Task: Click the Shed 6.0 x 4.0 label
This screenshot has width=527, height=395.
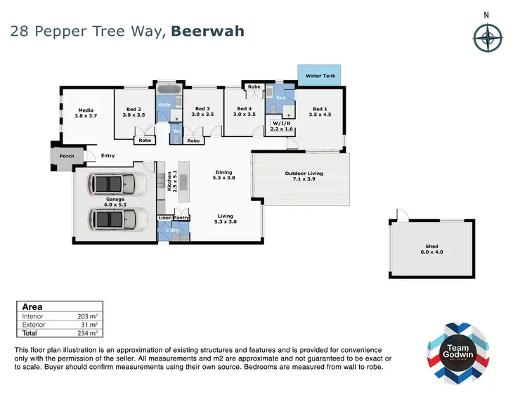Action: [431, 248]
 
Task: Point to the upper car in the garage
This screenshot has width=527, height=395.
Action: [117, 184]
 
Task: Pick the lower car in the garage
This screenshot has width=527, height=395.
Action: [117, 219]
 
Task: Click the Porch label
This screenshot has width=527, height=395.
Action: [67, 156]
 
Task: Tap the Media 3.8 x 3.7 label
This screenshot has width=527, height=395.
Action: [86, 112]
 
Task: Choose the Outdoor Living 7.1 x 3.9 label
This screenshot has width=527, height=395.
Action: [304, 176]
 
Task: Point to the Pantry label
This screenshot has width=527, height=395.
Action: [181, 219]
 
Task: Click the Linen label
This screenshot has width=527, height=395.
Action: [164, 219]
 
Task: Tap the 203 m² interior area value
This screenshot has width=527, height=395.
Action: [86, 317]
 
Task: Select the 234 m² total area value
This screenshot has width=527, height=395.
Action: [86, 334]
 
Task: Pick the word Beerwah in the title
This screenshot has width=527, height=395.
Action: [208, 32]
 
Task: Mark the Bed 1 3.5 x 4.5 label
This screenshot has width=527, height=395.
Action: [320, 112]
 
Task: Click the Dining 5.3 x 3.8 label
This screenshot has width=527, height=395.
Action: [224, 175]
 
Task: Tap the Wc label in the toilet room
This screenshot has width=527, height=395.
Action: [177, 131]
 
